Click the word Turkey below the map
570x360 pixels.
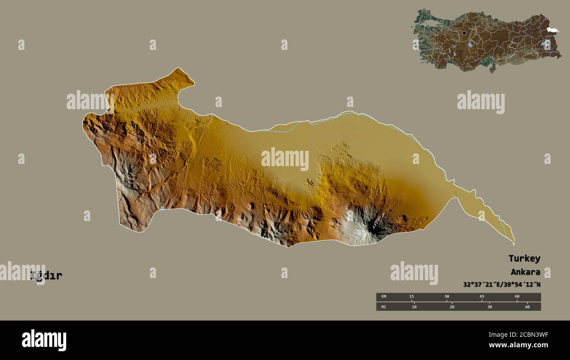(524, 258)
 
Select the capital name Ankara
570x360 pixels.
(525, 272)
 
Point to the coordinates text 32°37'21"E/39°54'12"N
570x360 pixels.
(502, 284)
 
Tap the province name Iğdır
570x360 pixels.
(46, 276)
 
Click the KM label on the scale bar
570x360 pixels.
(384, 297)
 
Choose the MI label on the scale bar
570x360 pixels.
(384, 307)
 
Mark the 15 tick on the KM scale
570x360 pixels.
(411, 297)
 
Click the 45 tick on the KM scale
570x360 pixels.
(482, 297)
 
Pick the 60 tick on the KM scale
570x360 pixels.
(517, 297)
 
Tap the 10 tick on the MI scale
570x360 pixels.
(414, 307)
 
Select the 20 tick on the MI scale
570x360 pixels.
(452, 307)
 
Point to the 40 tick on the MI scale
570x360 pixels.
(527, 307)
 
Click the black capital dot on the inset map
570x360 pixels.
(464, 33)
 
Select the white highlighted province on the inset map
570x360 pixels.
(552, 30)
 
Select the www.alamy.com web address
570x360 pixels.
(518, 345)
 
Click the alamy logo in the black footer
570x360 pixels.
(44, 340)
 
